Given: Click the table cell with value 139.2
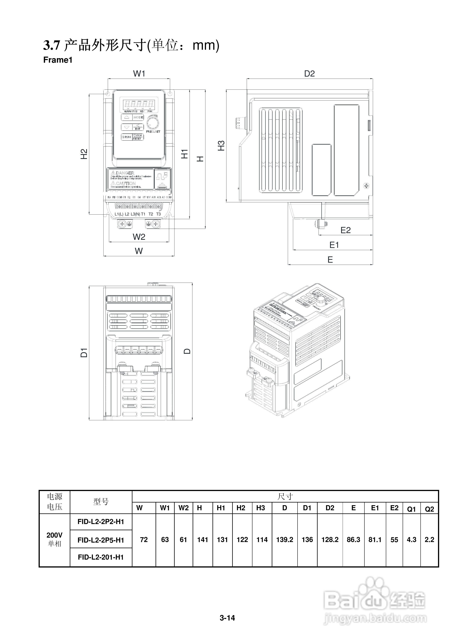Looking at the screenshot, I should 285,540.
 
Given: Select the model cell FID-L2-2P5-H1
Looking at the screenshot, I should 101,540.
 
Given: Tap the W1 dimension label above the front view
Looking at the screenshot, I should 139,74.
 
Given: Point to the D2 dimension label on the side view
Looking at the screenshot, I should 310,74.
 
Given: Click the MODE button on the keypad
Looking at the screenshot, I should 138,117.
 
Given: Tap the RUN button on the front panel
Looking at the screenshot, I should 127,137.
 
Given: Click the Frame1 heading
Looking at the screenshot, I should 58,60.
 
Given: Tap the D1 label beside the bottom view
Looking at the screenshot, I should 84,353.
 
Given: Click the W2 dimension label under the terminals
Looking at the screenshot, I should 139,237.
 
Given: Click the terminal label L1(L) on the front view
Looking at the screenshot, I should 119,214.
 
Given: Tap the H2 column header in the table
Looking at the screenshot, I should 241,508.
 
